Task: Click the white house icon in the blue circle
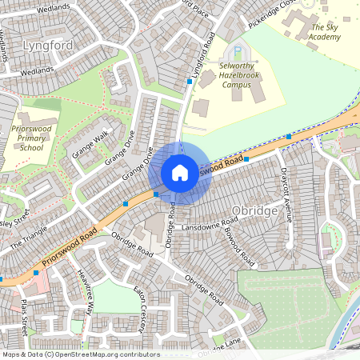180,173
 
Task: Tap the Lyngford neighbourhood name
48,45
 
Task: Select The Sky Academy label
325,32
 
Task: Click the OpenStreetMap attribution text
80,354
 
